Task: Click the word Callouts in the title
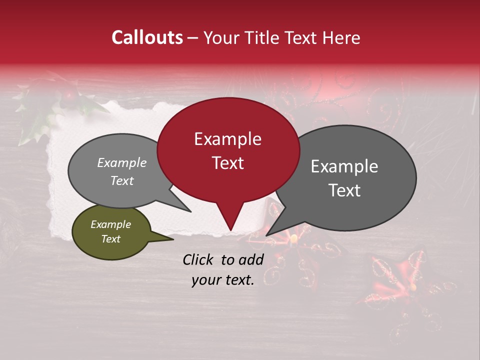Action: pos(147,37)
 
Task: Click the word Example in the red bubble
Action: pos(227,139)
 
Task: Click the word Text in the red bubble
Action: pos(227,163)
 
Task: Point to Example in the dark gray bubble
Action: pos(344,166)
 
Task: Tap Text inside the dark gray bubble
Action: pos(344,190)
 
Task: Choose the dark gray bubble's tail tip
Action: pos(267,235)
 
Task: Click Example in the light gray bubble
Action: pos(122,162)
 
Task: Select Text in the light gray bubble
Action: pos(122,180)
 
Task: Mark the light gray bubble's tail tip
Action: pos(190,211)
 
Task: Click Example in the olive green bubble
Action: pos(111,224)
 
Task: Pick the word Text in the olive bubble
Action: pos(111,239)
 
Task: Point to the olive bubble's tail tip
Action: pos(173,239)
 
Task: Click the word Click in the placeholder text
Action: pos(199,259)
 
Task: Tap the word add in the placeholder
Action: pos(250,259)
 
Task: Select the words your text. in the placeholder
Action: pos(223,280)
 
